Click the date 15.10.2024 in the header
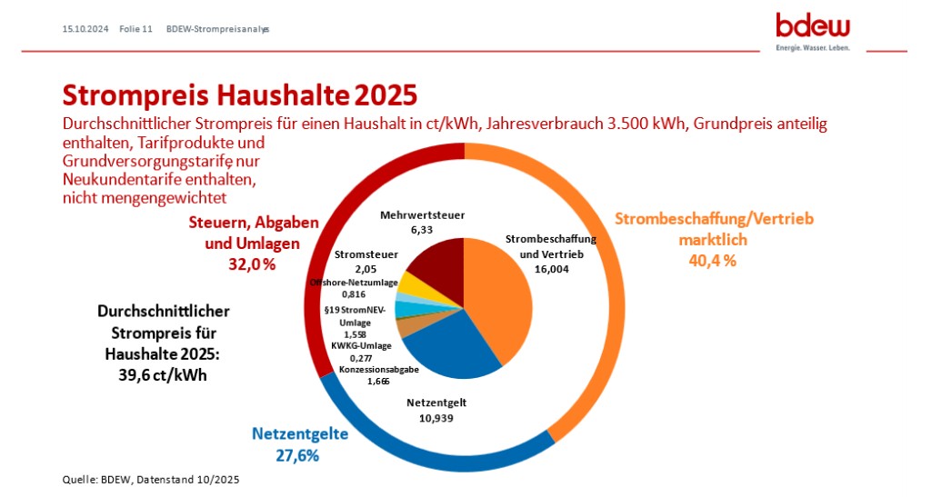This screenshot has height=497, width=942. coord(85,29)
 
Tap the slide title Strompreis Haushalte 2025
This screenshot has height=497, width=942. coord(239,95)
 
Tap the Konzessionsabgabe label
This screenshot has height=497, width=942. coord(378,370)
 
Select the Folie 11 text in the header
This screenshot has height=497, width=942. coord(135,29)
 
